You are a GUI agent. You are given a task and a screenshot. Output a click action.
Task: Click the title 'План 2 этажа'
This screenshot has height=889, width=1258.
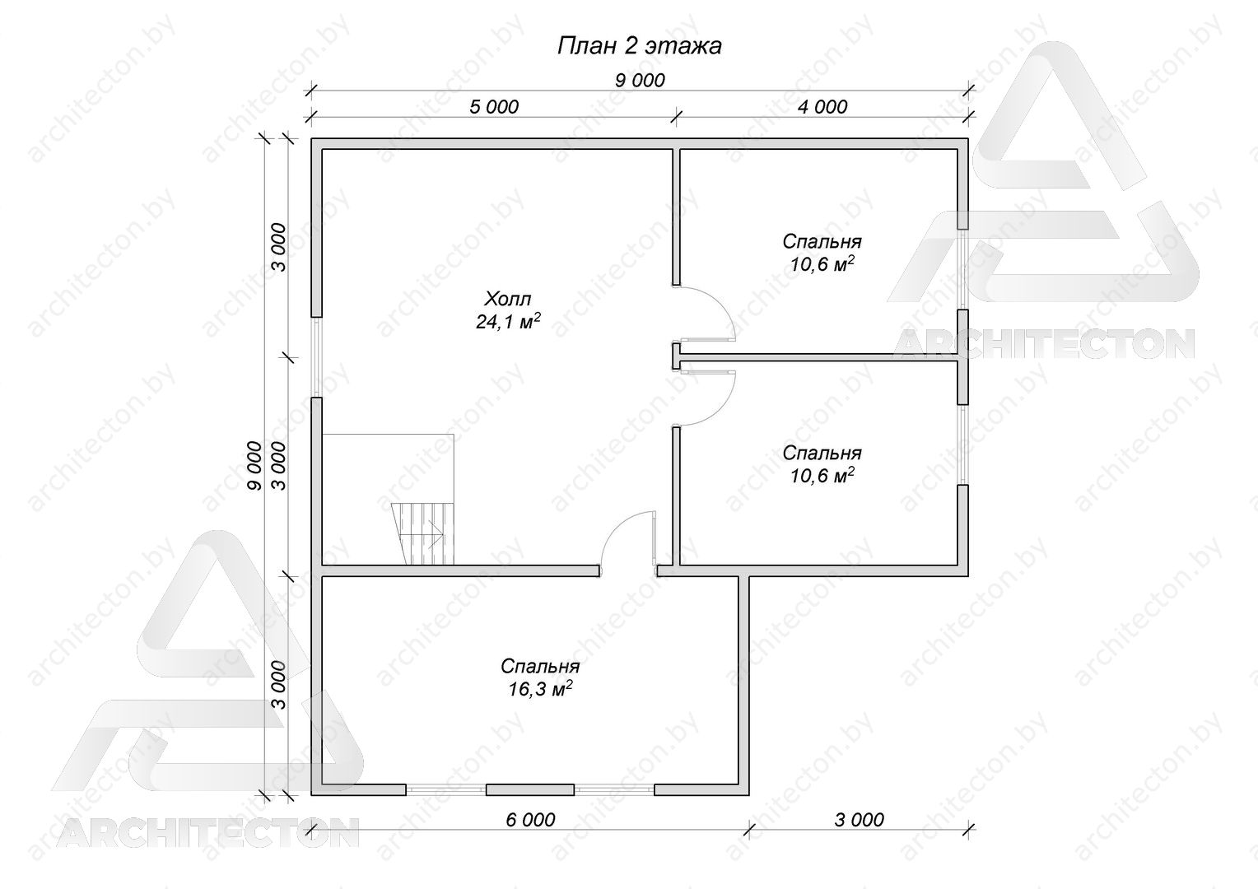tap(639, 46)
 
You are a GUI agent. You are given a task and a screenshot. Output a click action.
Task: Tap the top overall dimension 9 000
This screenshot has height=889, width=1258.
tap(640, 81)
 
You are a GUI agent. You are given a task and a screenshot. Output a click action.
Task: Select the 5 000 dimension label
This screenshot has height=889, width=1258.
tap(494, 107)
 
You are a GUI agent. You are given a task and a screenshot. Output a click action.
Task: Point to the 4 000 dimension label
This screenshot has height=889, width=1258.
tap(822, 107)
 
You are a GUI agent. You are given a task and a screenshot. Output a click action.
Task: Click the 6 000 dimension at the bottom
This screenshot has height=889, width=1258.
tap(530, 820)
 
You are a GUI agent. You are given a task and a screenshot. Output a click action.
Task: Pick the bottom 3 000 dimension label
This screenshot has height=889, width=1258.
tap(860, 820)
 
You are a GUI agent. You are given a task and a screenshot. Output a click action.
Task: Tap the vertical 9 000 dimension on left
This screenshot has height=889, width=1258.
tap(254, 466)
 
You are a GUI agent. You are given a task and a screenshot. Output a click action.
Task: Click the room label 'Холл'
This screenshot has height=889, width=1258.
tap(508, 298)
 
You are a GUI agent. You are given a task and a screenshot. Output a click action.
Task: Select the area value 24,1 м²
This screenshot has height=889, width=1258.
tap(508, 321)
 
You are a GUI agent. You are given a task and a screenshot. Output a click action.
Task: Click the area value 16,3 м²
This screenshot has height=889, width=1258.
tap(540, 689)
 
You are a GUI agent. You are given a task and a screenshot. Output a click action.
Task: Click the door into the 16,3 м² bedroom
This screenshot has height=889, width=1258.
tap(628, 542)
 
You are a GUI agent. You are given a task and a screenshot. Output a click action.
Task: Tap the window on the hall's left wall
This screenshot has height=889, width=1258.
tap(317, 357)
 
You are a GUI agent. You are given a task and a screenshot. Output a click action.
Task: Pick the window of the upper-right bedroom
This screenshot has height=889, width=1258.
tap(963, 269)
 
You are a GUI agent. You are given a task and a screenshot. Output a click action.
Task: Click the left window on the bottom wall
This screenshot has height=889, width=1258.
tap(446, 789)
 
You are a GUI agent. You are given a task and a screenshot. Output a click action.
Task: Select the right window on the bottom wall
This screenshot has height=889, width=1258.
tap(614, 789)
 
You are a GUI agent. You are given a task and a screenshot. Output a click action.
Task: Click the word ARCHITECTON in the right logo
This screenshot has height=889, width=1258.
tap(1043, 344)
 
